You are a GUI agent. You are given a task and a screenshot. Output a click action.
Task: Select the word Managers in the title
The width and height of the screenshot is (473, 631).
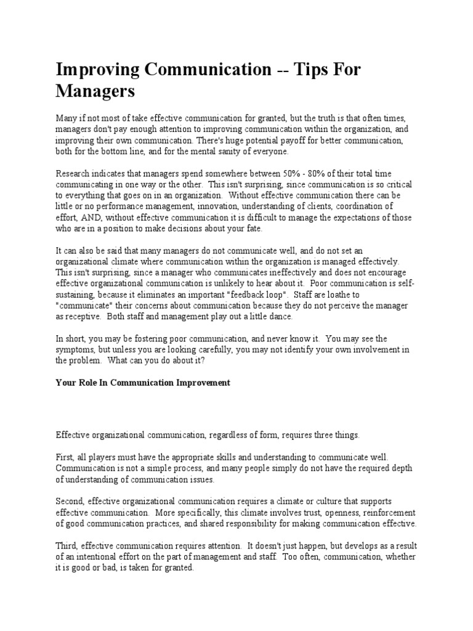click(x=95, y=92)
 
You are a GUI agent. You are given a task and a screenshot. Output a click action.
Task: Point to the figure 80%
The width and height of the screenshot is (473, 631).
click(x=326, y=174)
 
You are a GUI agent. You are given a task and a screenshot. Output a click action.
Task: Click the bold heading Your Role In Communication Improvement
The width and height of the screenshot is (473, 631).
click(x=143, y=383)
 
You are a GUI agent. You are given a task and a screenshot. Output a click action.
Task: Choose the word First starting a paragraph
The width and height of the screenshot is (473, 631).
click(x=66, y=456)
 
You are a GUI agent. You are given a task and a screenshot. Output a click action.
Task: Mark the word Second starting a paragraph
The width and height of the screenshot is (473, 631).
click(x=71, y=501)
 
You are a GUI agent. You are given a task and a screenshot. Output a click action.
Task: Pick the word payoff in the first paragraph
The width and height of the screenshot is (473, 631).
click(x=291, y=140)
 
